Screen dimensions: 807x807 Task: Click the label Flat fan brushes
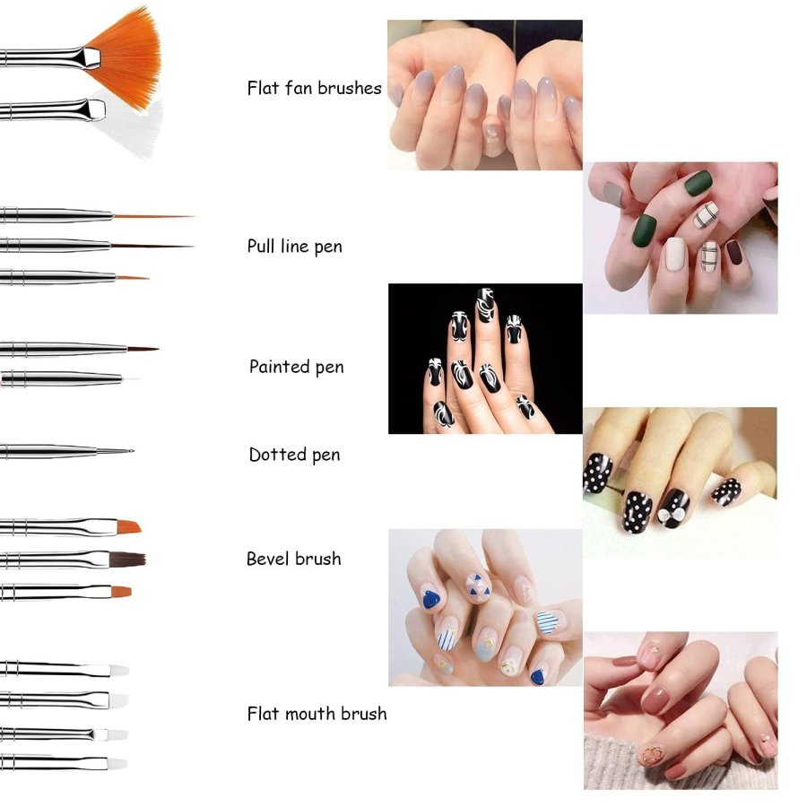click(x=315, y=88)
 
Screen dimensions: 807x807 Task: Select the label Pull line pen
click(x=294, y=247)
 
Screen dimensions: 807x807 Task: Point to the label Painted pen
click(x=297, y=367)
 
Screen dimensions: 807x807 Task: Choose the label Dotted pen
click(x=294, y=455)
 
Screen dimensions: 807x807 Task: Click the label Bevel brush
click(x=294, y=559)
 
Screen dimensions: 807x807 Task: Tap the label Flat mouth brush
click(x=317, y=714)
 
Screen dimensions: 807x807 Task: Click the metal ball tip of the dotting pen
click(x=131, y=451)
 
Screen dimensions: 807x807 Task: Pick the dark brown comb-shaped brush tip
click(x=127, y=560)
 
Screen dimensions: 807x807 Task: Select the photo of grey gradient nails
click(x=485, y=95)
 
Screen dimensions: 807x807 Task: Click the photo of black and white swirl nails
click(x=485, y=359)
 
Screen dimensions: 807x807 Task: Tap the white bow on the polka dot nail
click(x=673, y=514)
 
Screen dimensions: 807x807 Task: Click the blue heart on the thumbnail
click(x=431, y=599)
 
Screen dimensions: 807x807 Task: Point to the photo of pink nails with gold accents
click(x=681, y=710)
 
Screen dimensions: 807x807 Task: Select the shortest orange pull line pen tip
click(x=133, y=278)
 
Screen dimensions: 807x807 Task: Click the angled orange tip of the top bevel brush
click(x=129, y=527)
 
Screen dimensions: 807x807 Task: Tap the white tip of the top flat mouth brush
click(x=119, y=670)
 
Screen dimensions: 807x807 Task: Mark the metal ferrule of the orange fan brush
click(x=91, y=57)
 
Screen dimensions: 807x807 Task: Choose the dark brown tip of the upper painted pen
click(x=143, y=350)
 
